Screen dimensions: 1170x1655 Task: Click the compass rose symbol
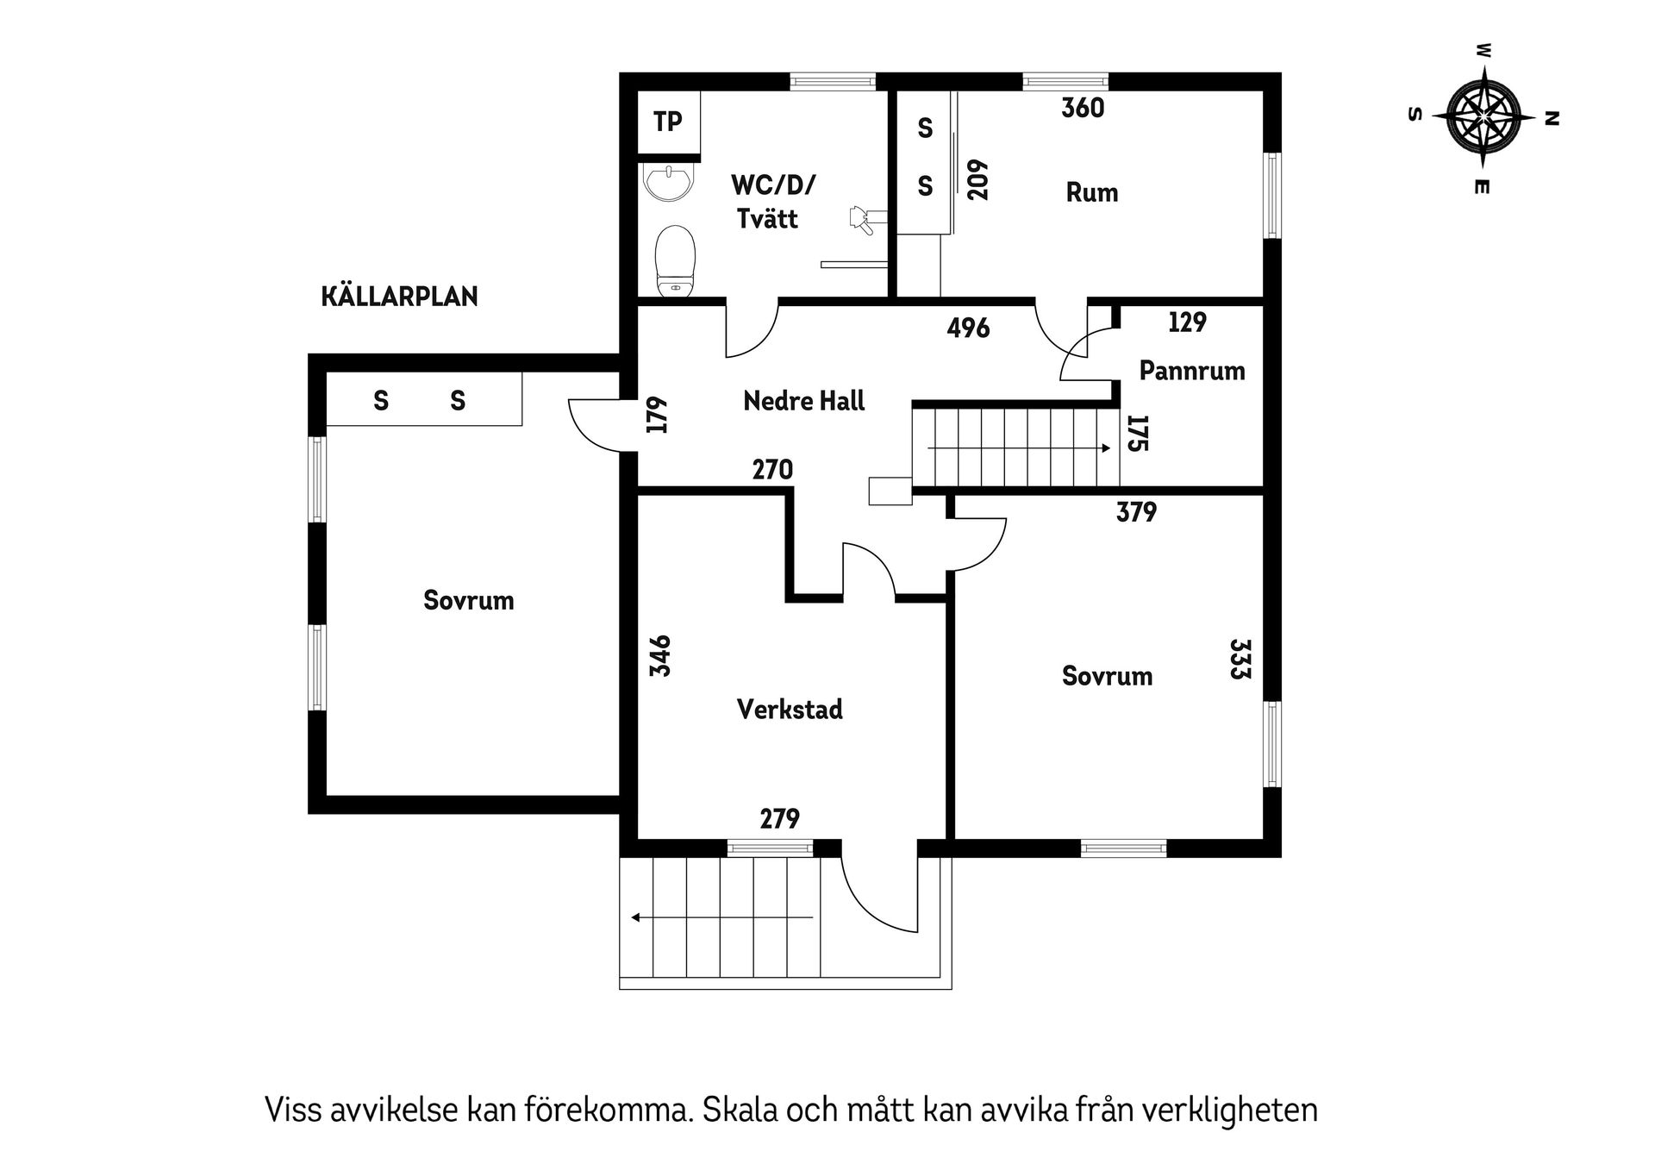click(1483, 116)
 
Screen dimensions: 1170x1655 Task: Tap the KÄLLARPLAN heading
click(399, 297)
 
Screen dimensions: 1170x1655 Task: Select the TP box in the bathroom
click(668, 122)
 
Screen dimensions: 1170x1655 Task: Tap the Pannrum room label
click(1191, 371)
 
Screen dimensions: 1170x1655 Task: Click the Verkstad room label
click(790, 710)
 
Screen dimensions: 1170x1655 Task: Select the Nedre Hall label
click(803, 401)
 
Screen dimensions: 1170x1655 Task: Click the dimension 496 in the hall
click(968, 328)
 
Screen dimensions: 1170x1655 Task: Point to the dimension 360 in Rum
click(1083, 109)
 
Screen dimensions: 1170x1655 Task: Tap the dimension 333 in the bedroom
click(1240, 659)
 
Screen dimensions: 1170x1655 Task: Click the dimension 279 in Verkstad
click(779, 818)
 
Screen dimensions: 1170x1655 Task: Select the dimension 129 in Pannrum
click(1187, 322)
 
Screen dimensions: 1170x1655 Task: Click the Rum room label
click(1091, 192)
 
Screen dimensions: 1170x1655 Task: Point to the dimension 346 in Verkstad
click(660, 655)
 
